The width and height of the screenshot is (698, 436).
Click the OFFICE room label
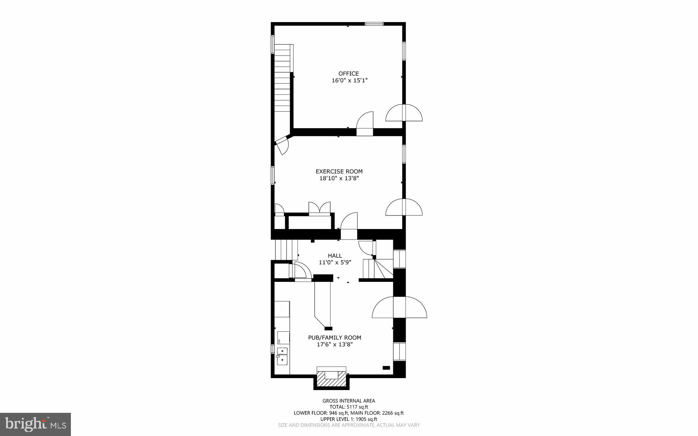click(x=348, y=74)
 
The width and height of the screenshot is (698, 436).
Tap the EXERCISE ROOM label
click(x=339, y=171)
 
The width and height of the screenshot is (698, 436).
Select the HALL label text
click(x=335, y=256)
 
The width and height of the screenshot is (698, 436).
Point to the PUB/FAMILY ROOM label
click(x=334, y=337)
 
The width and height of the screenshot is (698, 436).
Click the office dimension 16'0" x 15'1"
click(x=349, y=81)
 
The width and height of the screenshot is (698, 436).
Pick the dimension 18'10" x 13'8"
click(x=339, y=178)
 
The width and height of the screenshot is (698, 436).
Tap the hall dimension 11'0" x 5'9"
click(x=335, y=262)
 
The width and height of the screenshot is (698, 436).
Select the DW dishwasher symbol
click(x=279, y=341)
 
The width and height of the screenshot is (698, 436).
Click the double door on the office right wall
click(x=404, y=113)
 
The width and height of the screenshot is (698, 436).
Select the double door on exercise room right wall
click(x=404, y=207)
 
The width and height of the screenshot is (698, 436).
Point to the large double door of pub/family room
click(x=399, y=307)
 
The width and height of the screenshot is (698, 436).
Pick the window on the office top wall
click(x=374, y=24)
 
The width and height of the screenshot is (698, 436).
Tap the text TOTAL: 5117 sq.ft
click(x=349, y=407)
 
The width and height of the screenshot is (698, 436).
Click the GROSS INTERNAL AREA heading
click(x=349, y=401)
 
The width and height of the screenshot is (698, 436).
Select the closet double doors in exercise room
click(x=319, y=208)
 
